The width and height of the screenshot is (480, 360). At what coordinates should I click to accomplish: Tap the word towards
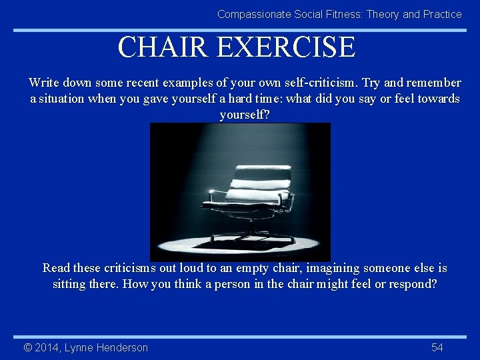pos(437,99)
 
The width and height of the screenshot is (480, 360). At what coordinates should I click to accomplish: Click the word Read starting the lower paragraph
pos(56,268)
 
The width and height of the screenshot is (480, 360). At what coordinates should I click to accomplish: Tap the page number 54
pos(437,347)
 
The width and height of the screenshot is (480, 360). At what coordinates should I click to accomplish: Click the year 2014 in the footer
pos(46,347)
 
